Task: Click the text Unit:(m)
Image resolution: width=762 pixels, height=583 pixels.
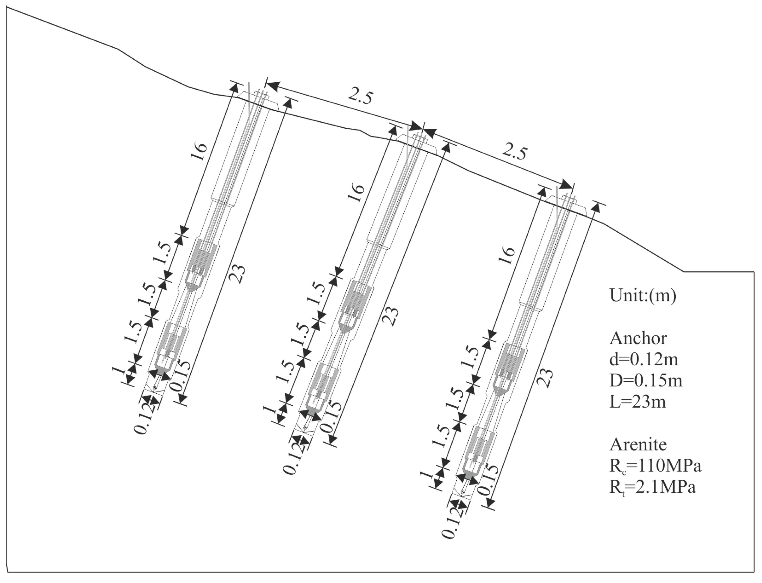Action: click(643, 296)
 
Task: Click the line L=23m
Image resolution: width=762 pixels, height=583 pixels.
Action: click(638, 402)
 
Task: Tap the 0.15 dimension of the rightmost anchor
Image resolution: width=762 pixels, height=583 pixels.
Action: click(488, 480)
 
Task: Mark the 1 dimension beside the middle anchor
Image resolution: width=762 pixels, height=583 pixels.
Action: click(270, 411)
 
